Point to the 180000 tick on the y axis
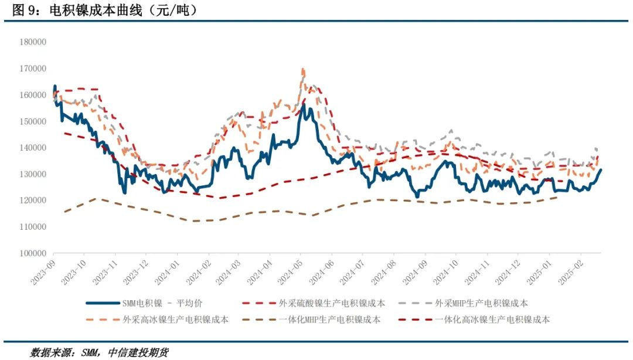click(33, 42)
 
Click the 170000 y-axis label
click(33, 69)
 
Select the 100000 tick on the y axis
click(33, 253)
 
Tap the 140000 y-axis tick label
click(33, 148)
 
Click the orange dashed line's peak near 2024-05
click(303, 69)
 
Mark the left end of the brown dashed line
click(64, 212)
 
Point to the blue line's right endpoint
click(601, 169)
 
